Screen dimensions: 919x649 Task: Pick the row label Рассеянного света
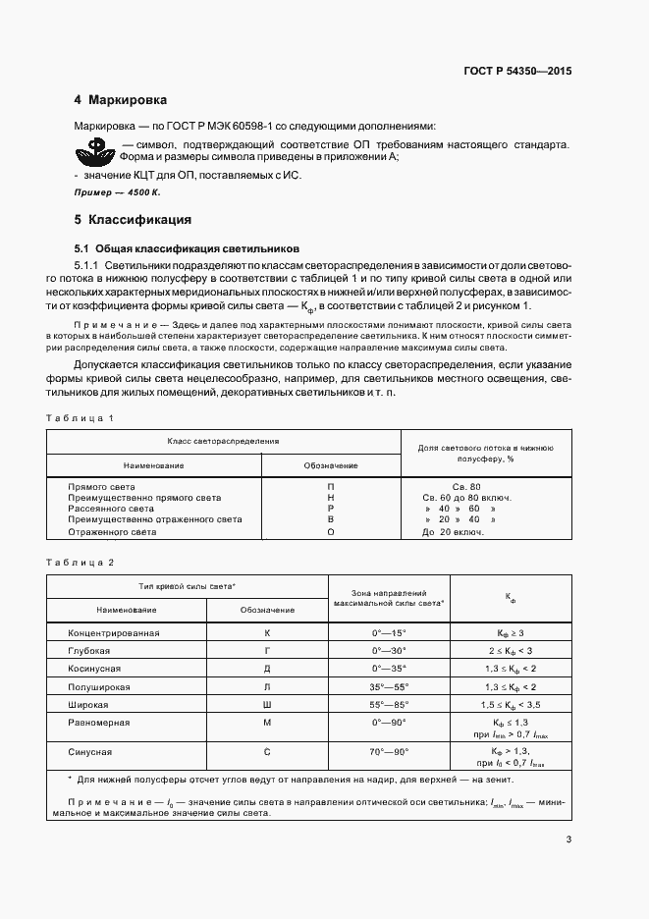coord(111,509)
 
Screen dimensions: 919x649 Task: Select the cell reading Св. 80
coord(465,487)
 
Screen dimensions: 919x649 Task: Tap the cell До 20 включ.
coord(452,531)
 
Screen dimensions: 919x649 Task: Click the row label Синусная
coord(89,751)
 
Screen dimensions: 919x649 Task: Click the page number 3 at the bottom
coord(569,839)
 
